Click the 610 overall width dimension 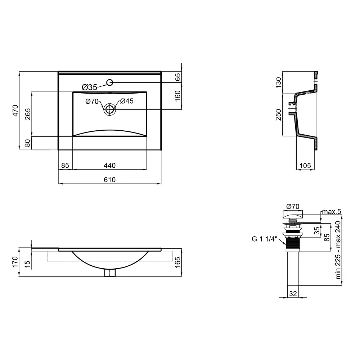[109, 180]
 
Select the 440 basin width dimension [109, 166]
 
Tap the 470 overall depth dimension [15, 111]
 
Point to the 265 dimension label [28, 114]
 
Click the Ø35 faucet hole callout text [90, 87]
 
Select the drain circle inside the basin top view [110, 109]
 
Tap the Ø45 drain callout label [127, 101]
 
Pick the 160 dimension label [178, 96]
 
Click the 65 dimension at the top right [178, 77]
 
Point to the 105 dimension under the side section [305, 166]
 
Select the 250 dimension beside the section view [279, 115]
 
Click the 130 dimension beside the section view [279, 83]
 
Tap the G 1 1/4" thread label [265, 239]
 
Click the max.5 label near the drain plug [332, 211]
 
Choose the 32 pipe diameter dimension [293, 293]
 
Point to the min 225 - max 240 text [338, 250]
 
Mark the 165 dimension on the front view [178, 262]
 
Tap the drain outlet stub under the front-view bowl [110, 273]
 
